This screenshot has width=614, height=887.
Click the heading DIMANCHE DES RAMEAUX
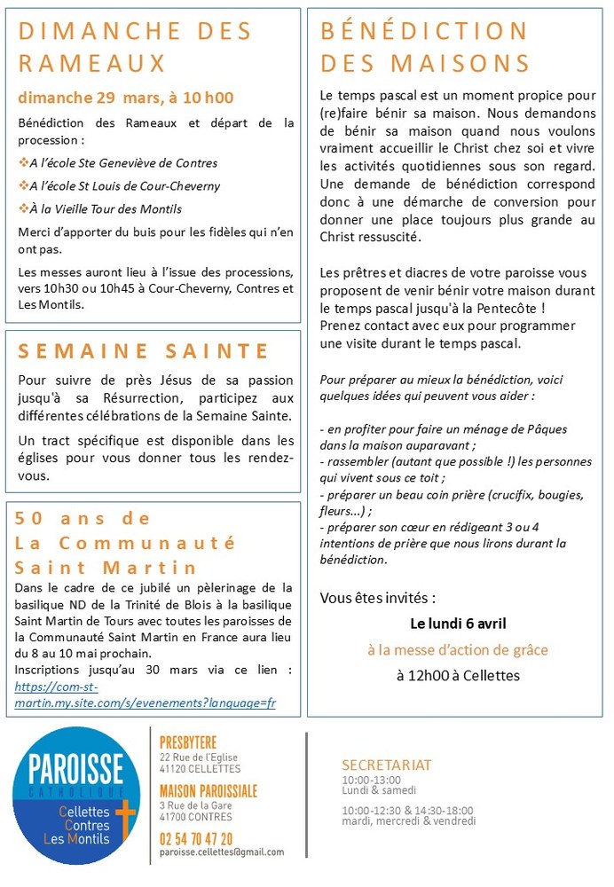[136, 47]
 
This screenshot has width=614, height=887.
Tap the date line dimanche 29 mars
[126, 98]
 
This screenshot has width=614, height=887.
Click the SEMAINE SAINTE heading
[144, 351]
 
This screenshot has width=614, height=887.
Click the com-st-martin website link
[146, 695]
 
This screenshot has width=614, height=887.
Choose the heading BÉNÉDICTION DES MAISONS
[425, 47]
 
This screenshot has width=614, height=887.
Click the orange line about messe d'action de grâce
[458, 649]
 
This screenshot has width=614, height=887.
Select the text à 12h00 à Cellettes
[458, 676]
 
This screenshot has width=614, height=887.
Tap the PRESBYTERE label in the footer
[188, 742]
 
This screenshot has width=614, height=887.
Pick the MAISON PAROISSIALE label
[209, 790]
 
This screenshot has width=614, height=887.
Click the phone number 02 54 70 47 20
[196, 838]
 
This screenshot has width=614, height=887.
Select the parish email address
[222, 852]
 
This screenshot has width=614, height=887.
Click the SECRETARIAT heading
[387, 765]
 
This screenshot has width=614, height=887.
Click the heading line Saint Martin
[106, 567]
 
